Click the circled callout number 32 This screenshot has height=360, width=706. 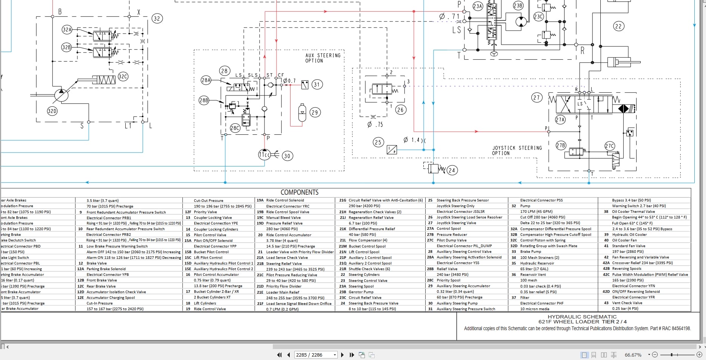[x=157, y=18]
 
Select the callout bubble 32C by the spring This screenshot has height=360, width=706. [x=123, y=77]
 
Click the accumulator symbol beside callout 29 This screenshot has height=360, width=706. [x=302, y=112]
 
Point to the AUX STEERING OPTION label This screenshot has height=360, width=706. [x=323, y=58]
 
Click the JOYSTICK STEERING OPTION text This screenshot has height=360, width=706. [x=517, y=151]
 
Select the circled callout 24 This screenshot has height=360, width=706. [x=452, y=170]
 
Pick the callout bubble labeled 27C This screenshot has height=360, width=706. [x=609, y=146]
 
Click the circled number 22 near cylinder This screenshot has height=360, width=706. [x=618, y=26]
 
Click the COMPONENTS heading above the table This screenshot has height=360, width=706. [x=299, y=192]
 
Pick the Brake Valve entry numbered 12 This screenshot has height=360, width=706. [x=97, y=263]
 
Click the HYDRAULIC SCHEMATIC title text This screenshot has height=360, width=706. [x=582, y=317]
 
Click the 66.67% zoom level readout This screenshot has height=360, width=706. [x=633, y=355]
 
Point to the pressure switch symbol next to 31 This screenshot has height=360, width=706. [x=305, y=85]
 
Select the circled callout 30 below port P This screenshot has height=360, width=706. [x=287, y=156]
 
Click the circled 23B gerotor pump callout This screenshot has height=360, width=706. [x=518, y=6]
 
